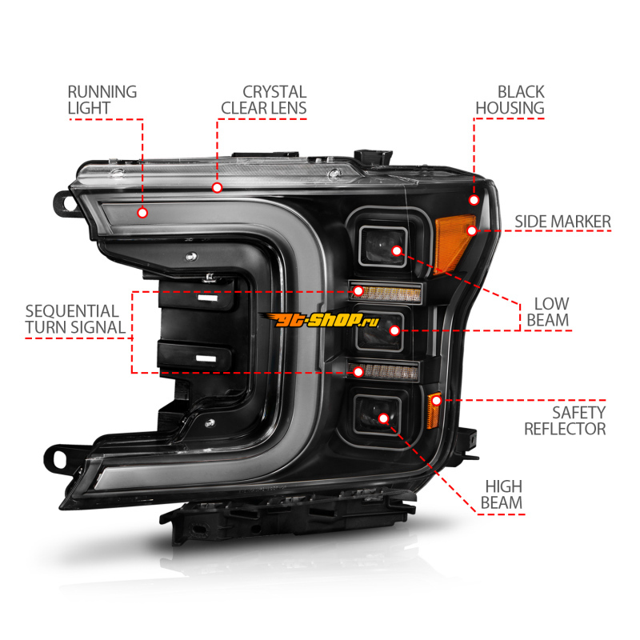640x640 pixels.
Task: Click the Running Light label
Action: (x=102, y=100)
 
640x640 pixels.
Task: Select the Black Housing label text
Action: (x=510, y=100)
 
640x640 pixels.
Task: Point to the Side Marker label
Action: (x=562, y=221)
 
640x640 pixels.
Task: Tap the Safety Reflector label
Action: (x=565, y=420)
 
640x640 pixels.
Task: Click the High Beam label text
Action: (x=502, y=494)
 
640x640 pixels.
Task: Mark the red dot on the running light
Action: (x=142, y=213)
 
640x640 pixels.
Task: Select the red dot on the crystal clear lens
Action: (x=217, y=187)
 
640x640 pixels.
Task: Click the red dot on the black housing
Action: (x=474, y=199)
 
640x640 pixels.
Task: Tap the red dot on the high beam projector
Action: (x=384, y=418)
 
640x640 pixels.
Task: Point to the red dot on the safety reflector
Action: (x=437, y=399)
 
